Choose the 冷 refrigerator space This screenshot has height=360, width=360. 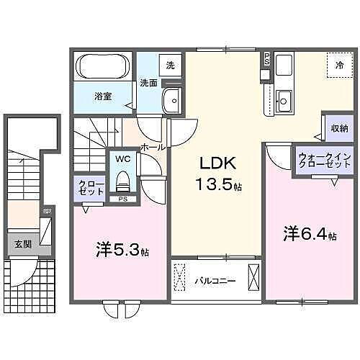tap(339, 65)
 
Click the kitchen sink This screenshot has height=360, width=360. tap(283, 99)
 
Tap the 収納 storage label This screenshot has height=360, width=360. tap(338, 128)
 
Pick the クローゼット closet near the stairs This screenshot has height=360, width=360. tap(86, 189)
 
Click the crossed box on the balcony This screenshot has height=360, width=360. tap(253, 277)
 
